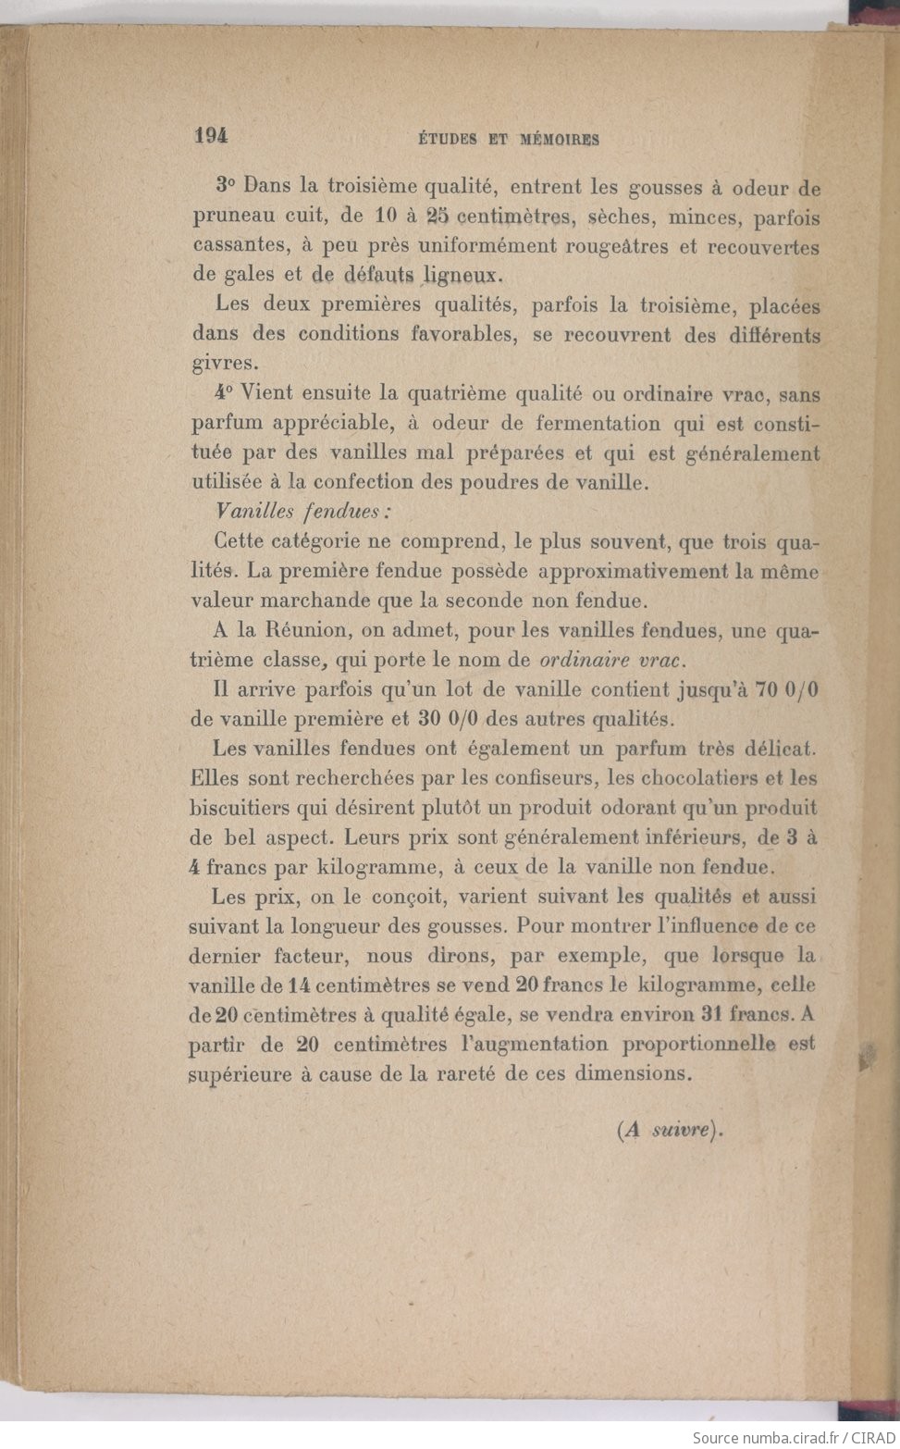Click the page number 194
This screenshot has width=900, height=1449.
point(211,135)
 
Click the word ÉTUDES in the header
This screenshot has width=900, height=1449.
point(448,140)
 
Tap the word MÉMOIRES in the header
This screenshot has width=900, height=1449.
point(559,140)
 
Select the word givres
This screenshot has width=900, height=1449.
point(219,363)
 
